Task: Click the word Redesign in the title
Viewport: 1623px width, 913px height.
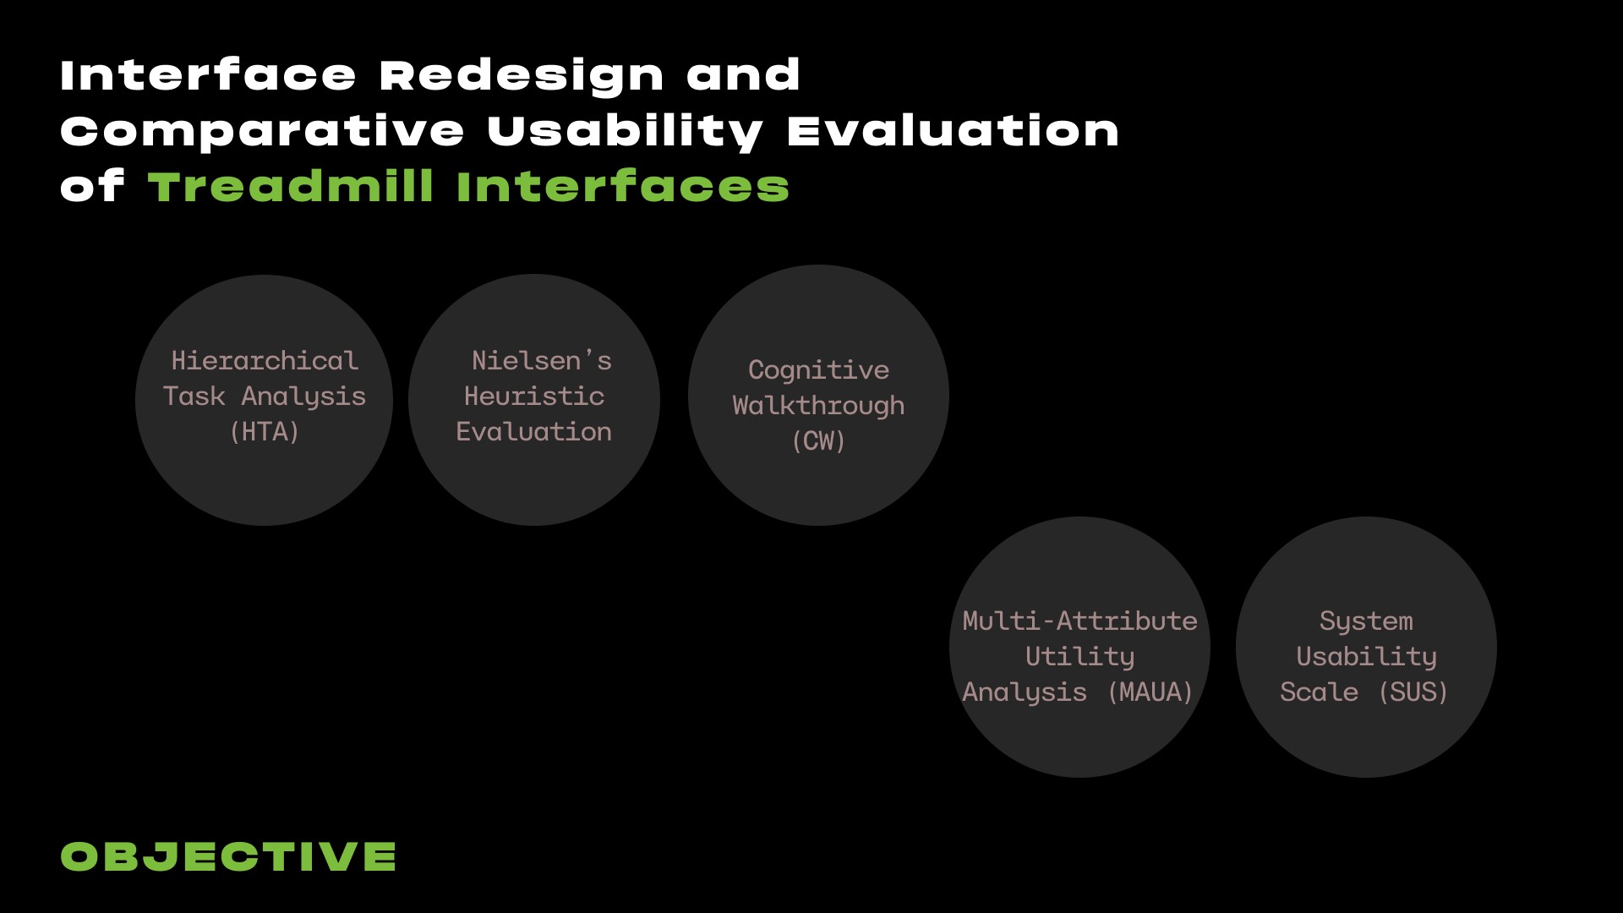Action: pyautogui.click(x=522, y=77)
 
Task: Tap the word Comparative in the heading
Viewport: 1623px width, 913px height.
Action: pyautogui.click(x=262, y=132)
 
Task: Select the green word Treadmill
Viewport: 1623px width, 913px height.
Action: pyautogui.click(x=292, y=186)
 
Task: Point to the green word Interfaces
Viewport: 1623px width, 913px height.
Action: pyautogui.click(x=623, y=186)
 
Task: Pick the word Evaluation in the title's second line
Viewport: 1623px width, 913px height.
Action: pyautogui.click(x=953, y=132)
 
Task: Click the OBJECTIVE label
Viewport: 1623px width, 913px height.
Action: pyautogui.click(x=228, y=856)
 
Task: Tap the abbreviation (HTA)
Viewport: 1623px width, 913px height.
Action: pyautogui.click(x=265, y=432)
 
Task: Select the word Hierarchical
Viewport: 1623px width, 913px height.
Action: pyautogui.click(x=265, y=361)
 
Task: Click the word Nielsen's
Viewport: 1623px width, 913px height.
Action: pyautogui.click(x=542, y=361)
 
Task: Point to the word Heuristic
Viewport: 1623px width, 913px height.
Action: pyautogui.click(x=534, y=396)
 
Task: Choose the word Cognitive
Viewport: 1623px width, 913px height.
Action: pyautogui.click(x=818, y=371)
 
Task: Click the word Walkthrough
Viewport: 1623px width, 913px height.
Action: pyautogui.click(x=818, y=407)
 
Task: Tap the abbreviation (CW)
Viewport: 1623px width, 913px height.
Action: pyautogui.click(x=818, y=441)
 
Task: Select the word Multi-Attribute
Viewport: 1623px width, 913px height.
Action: pyautogui.click(x=1079, y=621)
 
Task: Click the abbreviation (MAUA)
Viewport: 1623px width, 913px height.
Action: pyautogui.click(x=1150, y=692)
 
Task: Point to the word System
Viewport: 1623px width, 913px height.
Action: pyautogui.click(x=1366, y=622)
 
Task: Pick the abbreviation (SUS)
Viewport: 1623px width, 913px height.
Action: pyautogui.click(x=1413, y=692)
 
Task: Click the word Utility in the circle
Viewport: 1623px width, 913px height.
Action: pyautogui.click(x=1079, y=658)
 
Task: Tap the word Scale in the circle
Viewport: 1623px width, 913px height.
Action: pyautogui.click(x=1319, y=692)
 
